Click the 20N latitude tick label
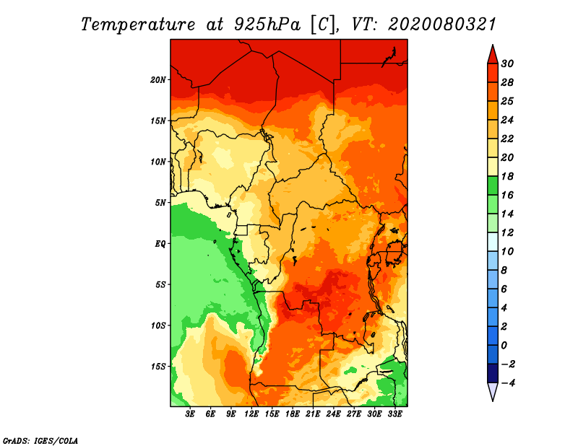[x=158, y=80]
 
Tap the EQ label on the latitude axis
[x=160, y=244]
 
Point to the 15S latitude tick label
[x=158, y=367]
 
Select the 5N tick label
[x=160, y=203]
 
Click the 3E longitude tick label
[x=190, y=414]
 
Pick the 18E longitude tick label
[x=293, y=414]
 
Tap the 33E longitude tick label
[x=394, y=414]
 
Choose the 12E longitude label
[x=251, y=414]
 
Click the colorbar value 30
[x=507, y=64]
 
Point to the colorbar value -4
[x=508, y=383]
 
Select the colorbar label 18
[x=507, y=177]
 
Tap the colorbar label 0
[x=504, y=346]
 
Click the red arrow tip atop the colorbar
[x=493, y=45]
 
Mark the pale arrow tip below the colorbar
[x=493, y=401]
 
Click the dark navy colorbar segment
[x=493, y=373]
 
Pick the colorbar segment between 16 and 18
[x=493, y=185]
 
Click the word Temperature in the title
[x=138, y=25]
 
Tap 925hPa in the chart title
[x=267, y=25]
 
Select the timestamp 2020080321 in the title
[x=442, y=25]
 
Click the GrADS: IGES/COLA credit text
[x=40, y=441]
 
